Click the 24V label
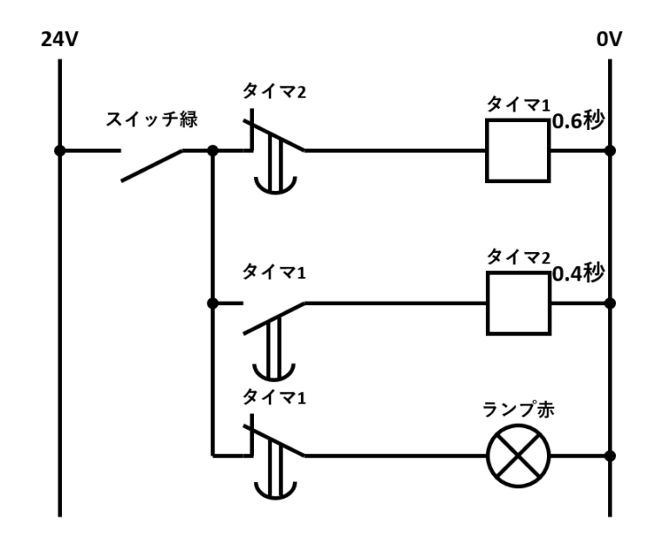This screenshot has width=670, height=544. (x=58, y=40)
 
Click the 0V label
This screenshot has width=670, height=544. (x=608, y=40)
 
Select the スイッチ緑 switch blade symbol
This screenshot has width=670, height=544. (x=152, y=164)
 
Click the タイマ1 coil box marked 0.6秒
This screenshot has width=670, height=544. (x=518, y=151)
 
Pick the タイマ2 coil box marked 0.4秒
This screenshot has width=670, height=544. (x=518, y=303)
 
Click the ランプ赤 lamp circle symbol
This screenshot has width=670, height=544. (x=518, y=456)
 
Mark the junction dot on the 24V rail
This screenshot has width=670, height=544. (x=59, y=151)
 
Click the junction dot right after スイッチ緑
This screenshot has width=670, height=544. (x=212, y=151)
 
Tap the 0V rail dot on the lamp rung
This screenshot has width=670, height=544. (x=610, y=456)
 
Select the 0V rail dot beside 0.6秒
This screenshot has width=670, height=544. (x=610, y=151)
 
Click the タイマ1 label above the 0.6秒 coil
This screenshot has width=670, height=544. (x=518, y=105)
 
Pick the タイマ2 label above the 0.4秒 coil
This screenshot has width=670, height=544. (x=518, y=256)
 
